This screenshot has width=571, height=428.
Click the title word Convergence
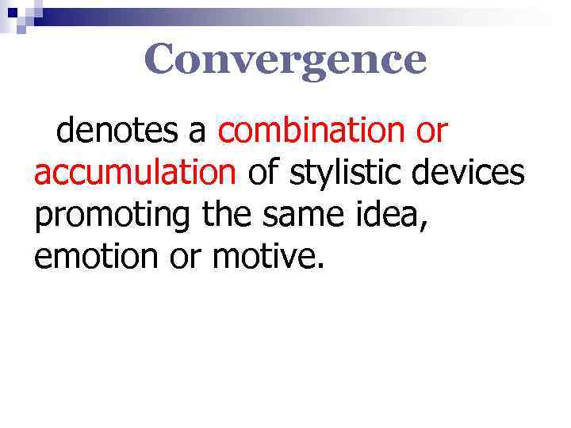pos(285,59)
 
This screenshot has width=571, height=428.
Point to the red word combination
pos(312,131)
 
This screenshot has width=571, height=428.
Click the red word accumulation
pos(135,171)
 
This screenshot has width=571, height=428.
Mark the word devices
pos(476,171)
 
